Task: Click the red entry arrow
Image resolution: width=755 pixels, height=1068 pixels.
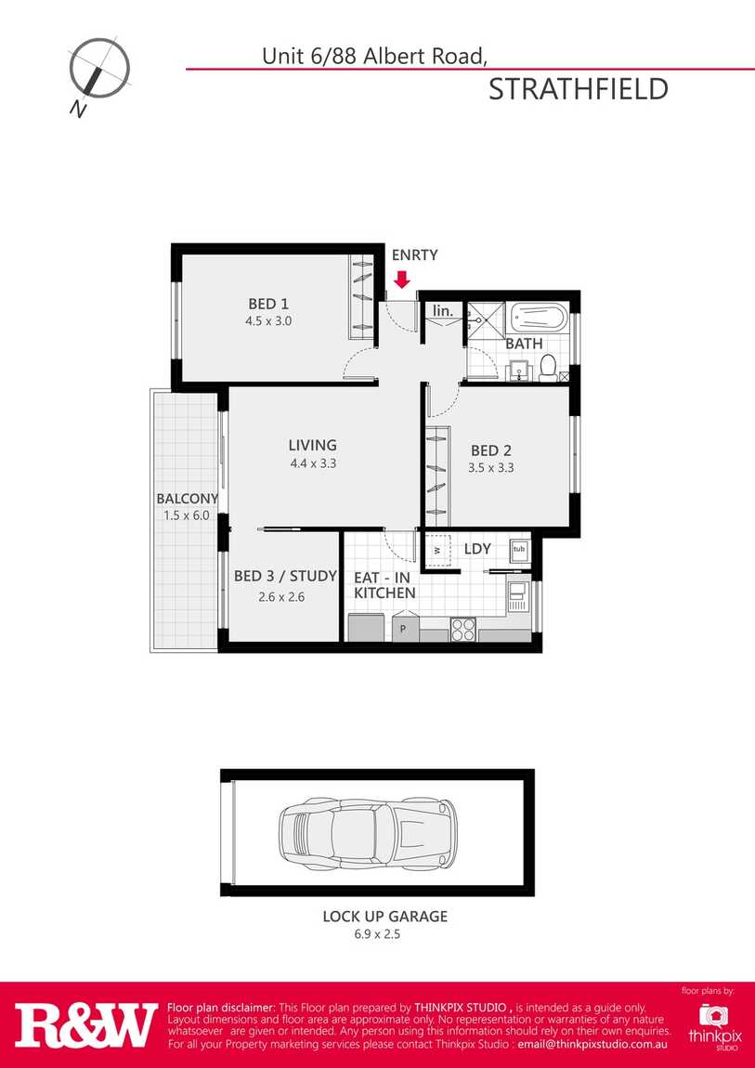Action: (402, 280)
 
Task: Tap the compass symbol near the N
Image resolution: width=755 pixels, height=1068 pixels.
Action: (99, 68)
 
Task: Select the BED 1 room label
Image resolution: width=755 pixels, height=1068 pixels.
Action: (269, 303)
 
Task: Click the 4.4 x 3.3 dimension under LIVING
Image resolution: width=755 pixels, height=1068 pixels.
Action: (312, 463)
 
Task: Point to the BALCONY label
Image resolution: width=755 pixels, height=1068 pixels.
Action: (188, 499)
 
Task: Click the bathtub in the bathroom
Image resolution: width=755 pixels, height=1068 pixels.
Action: (537, 318)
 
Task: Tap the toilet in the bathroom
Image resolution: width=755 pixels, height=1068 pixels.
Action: (547, 368)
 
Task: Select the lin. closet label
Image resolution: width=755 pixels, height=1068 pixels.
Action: (443, 310)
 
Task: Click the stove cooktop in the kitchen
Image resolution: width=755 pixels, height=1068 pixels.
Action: (463, 629)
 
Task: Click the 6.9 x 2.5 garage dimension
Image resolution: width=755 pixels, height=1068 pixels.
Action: (376, 934)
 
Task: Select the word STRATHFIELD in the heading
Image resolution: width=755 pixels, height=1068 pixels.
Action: (579, 90)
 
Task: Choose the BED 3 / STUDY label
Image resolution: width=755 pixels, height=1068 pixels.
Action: (285, 576)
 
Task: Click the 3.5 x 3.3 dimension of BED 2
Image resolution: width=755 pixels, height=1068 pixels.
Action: (491, 468)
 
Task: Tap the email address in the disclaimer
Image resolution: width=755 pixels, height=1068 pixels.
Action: (592, 1045)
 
